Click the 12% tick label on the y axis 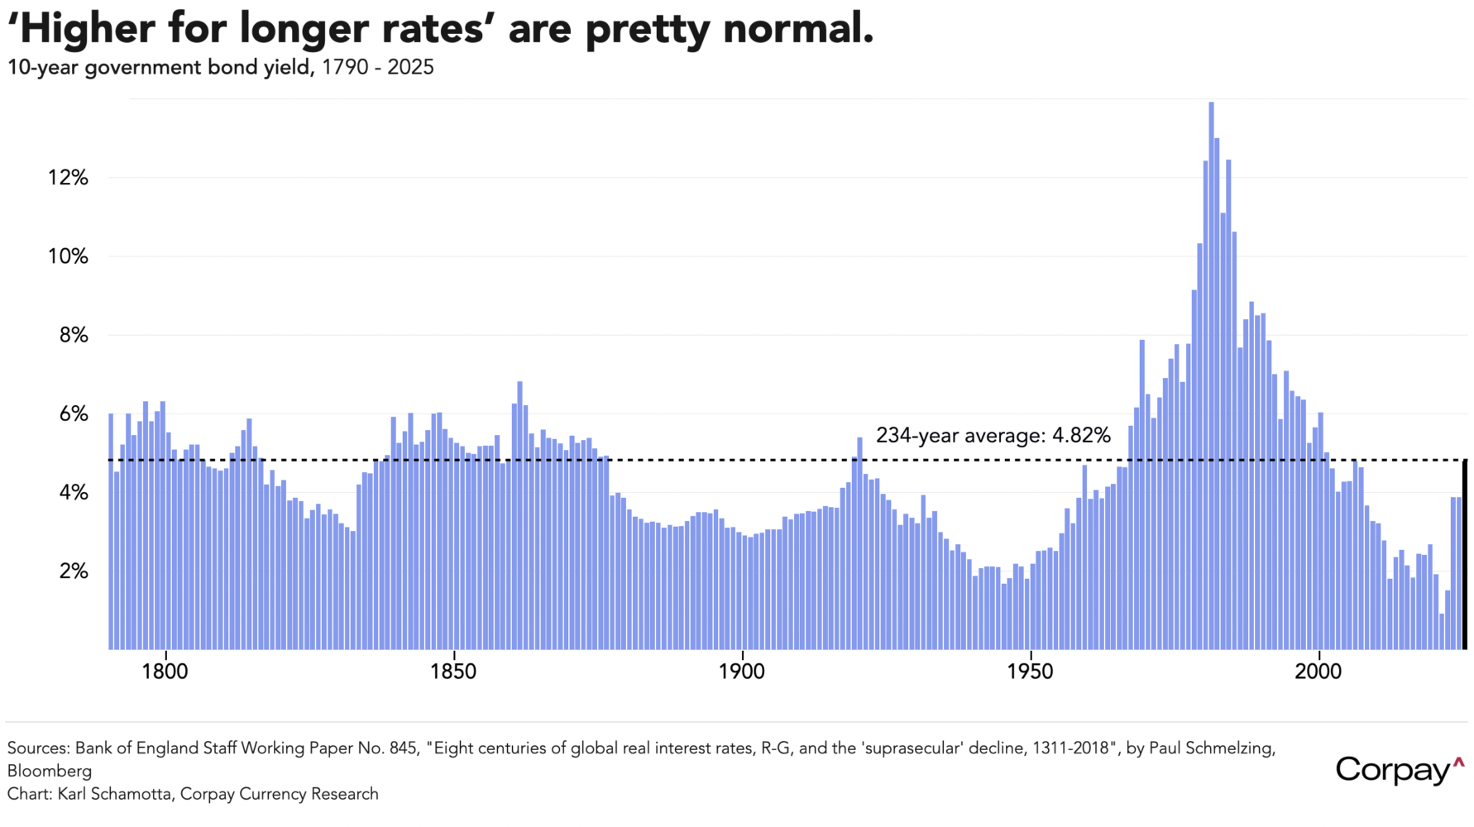[x=68, y=178]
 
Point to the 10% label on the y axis [x=68, y=256]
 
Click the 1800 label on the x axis [x=165, y=672]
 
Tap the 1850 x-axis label [x=453, y=672]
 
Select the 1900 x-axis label [x=742, y=672]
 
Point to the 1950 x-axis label [x=1030, y=672]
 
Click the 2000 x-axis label [x=1318, y=672]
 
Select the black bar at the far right [x=1464, y=554]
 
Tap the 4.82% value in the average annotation [x=1081, y=436]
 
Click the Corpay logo [x=1399, y=770]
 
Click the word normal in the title [x=798, y=29]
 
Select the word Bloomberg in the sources [x=50, y=772]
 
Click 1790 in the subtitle [x=345, y=68]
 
